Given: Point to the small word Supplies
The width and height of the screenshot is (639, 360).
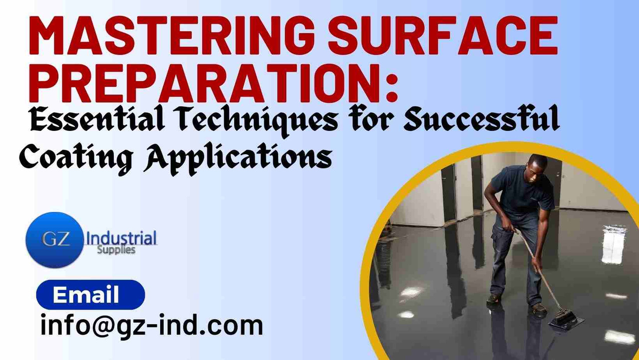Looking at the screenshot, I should (x=116, y=249).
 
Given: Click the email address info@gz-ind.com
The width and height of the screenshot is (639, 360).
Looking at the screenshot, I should (x=152, y=326).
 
